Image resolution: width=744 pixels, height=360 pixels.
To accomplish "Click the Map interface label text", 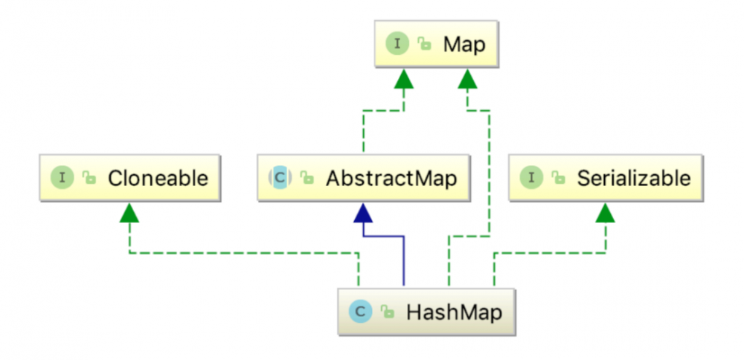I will tap(464, 44).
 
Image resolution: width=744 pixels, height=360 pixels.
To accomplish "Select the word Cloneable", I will tap(157, 179).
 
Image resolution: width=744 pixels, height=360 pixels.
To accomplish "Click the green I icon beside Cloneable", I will tap(62, 179).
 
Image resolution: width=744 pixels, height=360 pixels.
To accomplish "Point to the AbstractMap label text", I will tap(391, 179).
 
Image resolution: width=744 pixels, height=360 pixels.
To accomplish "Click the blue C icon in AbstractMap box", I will tap(279, 179).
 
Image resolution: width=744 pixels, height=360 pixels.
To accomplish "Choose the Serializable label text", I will tap(633, 179).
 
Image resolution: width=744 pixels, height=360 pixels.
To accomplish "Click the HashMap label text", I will tap(454, 312).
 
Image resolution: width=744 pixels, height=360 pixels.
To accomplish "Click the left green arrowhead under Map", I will tap(404, 79).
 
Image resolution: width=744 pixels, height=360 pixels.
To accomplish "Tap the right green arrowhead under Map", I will tap(467, 79).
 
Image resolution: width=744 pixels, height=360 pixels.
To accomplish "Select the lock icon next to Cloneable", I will tap(89, 179).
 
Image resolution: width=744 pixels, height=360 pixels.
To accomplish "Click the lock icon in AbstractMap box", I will tap(307, 179).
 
